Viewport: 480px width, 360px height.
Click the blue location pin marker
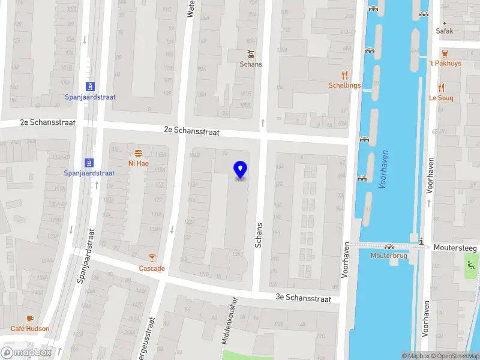(240, 170)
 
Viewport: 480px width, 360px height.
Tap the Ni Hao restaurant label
(139, 163)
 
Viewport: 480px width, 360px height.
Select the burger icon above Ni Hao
(139, 153)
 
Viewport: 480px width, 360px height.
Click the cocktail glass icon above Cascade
(152, 258)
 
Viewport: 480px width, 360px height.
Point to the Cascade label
(152, 268)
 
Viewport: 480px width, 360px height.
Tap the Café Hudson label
(30, 329)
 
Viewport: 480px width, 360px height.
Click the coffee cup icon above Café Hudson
(30, 319)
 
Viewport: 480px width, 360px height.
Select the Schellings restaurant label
(344, 85)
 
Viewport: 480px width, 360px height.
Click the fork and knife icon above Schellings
(344, 75)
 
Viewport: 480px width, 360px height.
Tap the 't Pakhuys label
(445, 64)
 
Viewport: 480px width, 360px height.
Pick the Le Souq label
(441, 98)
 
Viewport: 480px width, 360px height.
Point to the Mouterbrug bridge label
(389, 255)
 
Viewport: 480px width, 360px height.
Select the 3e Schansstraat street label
(303, 298)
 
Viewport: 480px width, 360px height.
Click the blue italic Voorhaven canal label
(383, 170)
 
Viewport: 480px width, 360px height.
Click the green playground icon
(472, 262)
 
